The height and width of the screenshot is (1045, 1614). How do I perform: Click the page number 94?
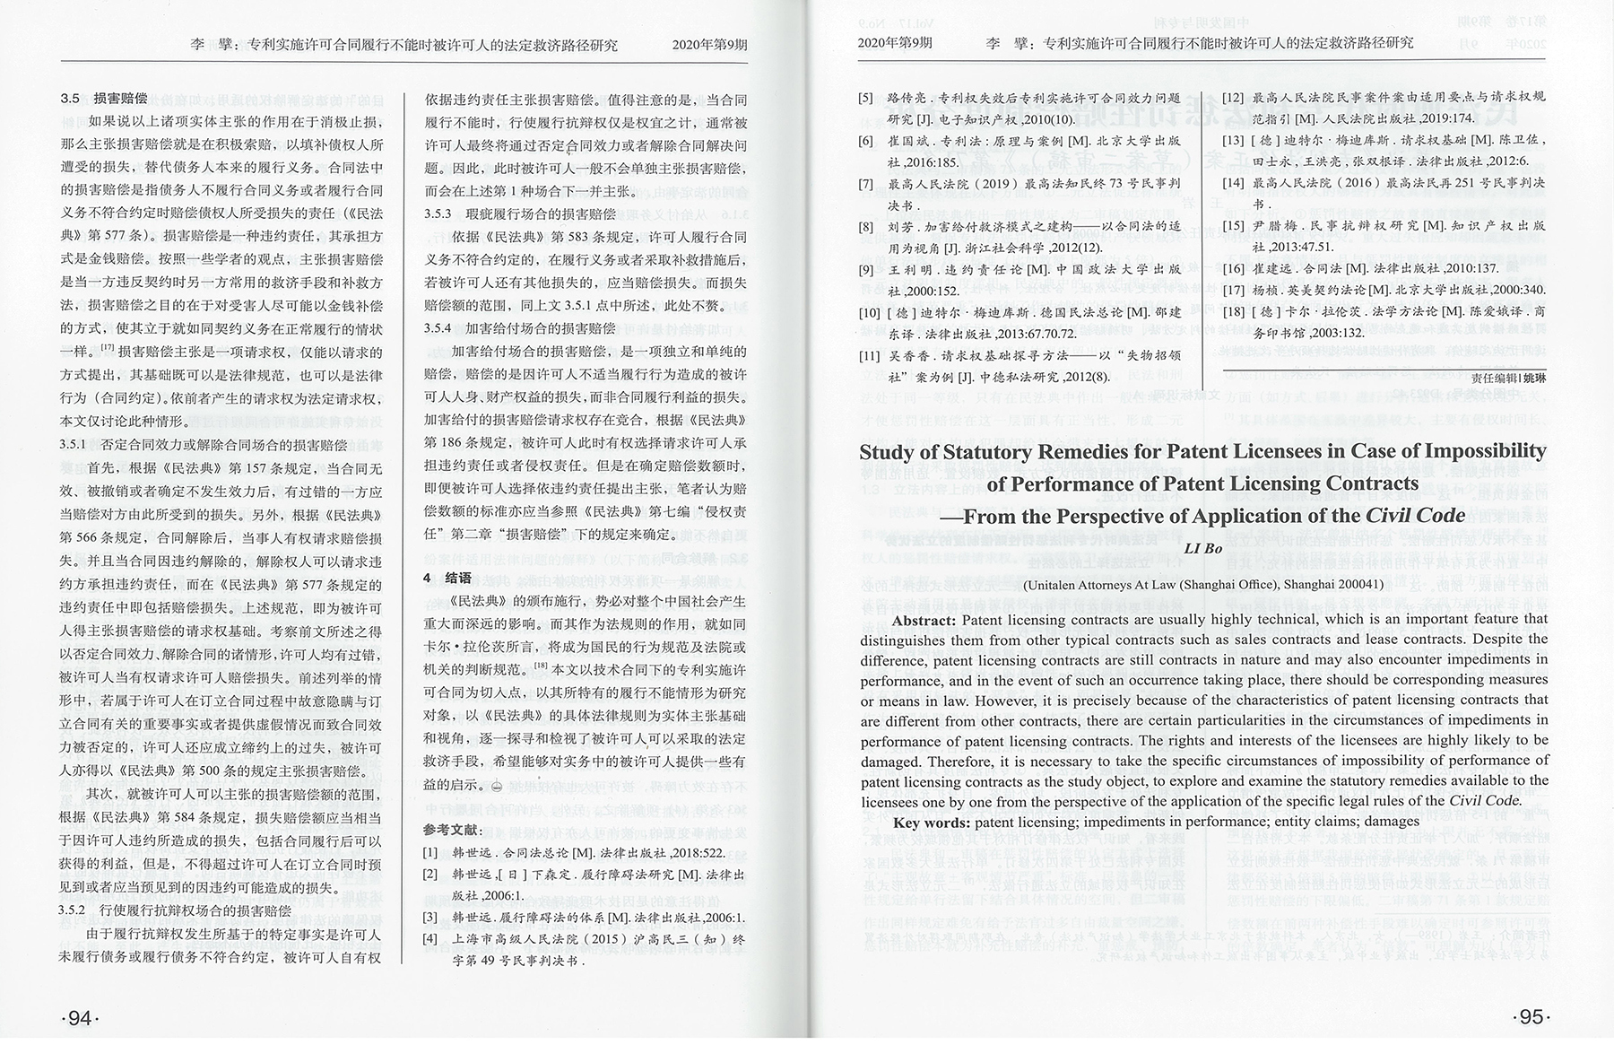[80, 1018]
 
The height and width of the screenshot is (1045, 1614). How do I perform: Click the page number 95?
[1531, 1017]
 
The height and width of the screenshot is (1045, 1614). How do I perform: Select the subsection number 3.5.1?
[73, 445]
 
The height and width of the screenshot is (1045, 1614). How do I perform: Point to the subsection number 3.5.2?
[73, 910]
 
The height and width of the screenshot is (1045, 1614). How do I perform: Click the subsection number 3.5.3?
[438, 214]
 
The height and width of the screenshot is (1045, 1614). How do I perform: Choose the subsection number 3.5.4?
[438, 329]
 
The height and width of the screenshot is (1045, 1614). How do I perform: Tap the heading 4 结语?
[447, 578]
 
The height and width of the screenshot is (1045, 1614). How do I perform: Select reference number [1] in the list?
[431, 852]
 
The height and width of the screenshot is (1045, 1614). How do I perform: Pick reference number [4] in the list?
[431, 939]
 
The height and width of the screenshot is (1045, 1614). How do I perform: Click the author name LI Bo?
[1203, 549]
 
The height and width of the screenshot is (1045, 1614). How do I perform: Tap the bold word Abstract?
[924, 619]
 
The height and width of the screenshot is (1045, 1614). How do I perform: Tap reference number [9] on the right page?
[865, 269]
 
